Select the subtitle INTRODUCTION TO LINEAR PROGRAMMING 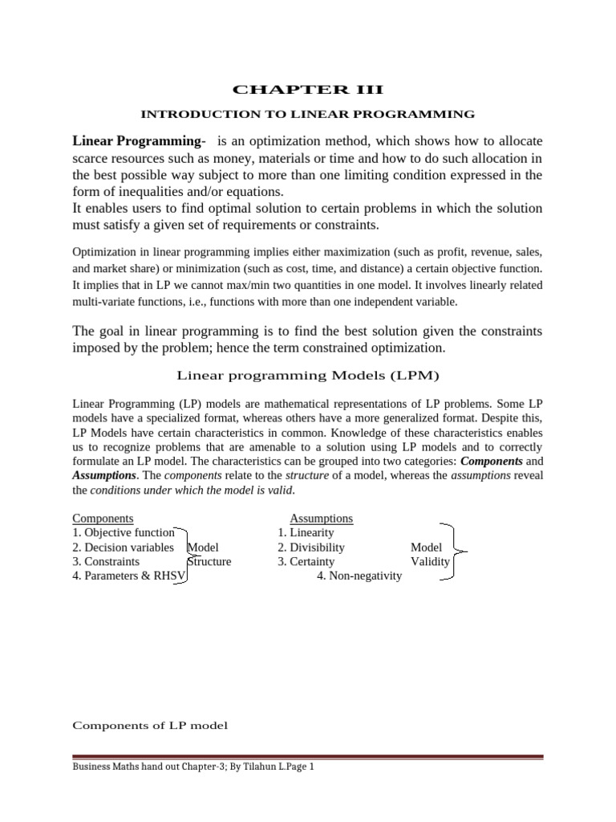[307, 115]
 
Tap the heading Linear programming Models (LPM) [307, 375]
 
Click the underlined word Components [103, 519]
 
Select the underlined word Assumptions [321, 519]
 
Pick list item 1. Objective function [124, 533]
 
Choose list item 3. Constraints [106, 562]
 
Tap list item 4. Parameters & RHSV [128, 576]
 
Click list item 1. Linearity [306, 533]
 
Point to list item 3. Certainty [306, 562]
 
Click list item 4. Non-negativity [359, 576]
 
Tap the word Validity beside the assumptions [430, 562]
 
